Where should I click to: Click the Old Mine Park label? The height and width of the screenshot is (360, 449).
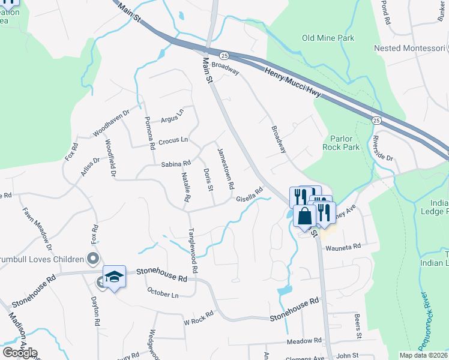point(328,38)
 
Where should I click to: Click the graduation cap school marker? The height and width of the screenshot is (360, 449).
point(114,277)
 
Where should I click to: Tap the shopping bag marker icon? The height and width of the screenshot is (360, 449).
point(305,215)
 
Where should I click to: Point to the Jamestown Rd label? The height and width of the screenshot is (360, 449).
point(225,169)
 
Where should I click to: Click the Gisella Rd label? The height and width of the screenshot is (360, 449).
point(250,195)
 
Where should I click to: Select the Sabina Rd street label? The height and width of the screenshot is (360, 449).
point(175,163)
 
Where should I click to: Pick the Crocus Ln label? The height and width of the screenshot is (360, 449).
point(173,140)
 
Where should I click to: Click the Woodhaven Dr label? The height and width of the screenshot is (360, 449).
point(111,123)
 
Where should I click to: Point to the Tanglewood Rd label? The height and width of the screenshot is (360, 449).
point(193,247)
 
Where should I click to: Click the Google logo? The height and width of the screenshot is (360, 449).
point(20,353)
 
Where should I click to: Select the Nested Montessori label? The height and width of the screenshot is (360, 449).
point(411,48)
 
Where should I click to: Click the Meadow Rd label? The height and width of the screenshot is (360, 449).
point(305,341)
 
